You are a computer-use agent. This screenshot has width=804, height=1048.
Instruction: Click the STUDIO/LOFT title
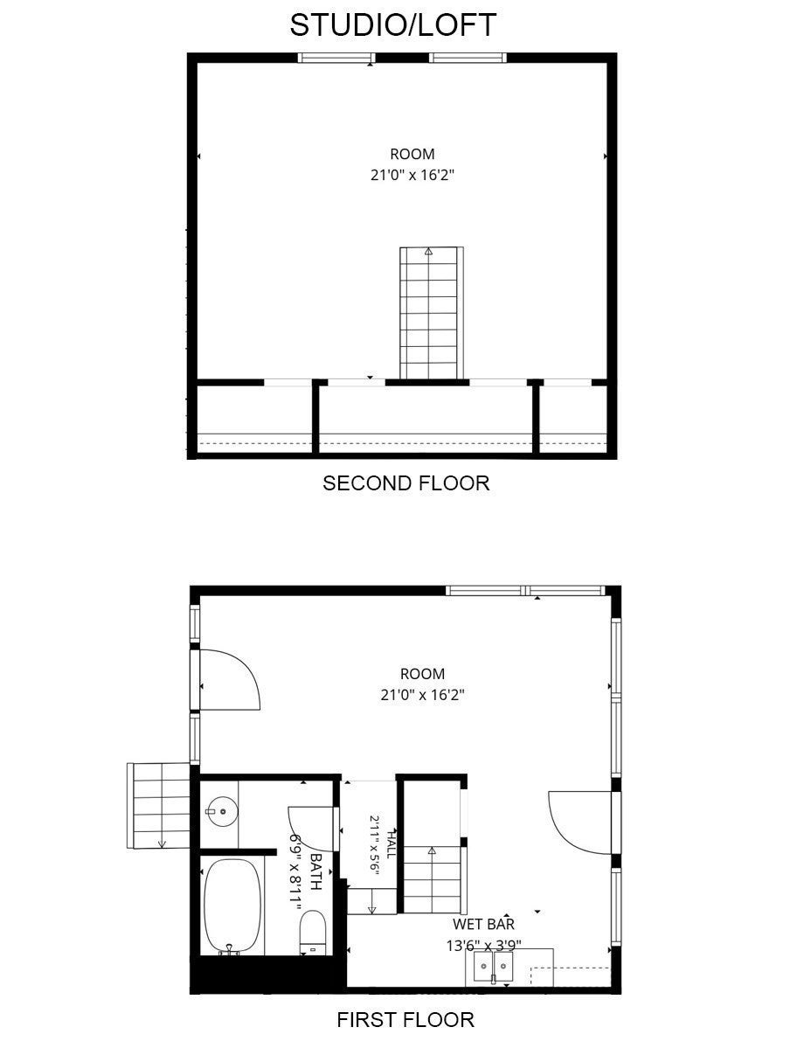pos(392,25)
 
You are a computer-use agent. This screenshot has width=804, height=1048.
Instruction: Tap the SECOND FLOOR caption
pos(405,482)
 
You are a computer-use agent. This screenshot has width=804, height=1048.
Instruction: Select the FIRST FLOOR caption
pos(405,1019)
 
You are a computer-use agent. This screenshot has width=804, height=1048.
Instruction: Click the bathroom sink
pos(221,812)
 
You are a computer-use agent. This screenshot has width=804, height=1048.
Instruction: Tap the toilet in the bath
pos(312,931)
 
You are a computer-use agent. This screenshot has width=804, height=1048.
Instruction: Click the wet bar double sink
pos(493,968)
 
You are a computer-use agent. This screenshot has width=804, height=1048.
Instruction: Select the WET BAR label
pos(483,925)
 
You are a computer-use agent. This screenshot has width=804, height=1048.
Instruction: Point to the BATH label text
pos(315,871)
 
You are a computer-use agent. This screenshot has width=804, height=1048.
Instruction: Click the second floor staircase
pos(431,313)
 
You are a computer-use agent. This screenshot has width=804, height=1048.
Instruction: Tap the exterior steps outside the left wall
pos(159,805)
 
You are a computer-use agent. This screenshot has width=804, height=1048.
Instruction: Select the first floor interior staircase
pos(432,879)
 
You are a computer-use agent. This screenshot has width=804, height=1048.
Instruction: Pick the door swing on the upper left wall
pos(229,678)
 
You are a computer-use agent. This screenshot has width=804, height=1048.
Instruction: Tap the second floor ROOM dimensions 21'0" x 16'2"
pos(412,175)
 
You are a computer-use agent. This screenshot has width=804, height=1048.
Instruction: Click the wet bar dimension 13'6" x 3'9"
pos(483,945)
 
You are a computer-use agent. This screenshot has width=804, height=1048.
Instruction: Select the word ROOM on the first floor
pos(422,674)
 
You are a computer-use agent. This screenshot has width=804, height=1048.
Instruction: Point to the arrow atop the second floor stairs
pos(427,252)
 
